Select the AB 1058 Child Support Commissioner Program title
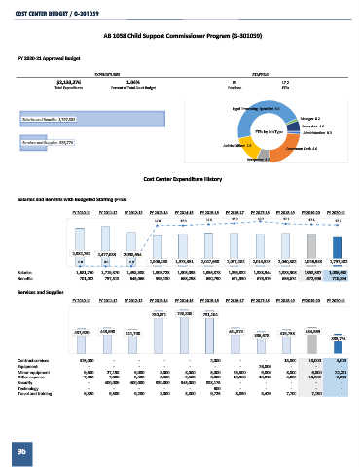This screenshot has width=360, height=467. point(180,34)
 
